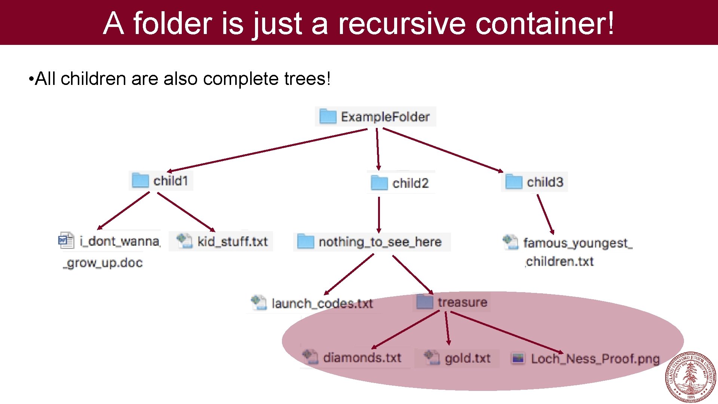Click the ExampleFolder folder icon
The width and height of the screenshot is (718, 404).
click(328, 116)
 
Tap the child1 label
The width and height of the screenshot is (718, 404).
click(171, 181)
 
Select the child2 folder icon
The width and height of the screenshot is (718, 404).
click(379, 183)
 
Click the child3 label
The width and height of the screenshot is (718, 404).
click(545, 182)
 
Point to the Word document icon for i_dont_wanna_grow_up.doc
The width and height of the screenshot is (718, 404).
click(66, 241)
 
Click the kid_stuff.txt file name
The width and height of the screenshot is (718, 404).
click(232, 242)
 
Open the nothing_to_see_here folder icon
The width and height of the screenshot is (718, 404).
click(305, 242)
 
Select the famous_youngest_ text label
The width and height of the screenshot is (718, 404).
click(577, 243)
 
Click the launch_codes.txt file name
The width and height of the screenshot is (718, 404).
click(322, 303)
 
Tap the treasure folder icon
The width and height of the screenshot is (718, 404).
click(424, 302)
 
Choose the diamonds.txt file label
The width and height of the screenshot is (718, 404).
click(362, 358)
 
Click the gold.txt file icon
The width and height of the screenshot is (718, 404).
click(432, 357)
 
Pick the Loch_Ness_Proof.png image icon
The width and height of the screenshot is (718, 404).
click(518, 358)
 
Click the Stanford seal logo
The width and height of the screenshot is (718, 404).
click(690, 377)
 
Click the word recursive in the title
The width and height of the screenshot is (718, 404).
click(402, 23)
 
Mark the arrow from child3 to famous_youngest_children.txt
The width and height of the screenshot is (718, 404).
click(545, 214)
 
